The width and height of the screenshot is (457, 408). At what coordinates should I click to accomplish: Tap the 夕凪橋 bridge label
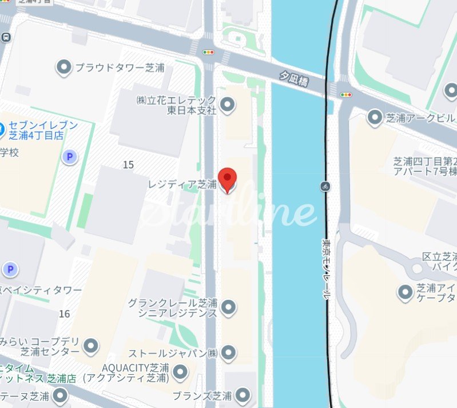tap(293, 79)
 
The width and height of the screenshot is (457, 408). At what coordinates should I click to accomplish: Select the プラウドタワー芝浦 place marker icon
tap(63, 68)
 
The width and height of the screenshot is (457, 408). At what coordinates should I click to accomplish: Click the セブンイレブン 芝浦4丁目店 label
tap(43, 130)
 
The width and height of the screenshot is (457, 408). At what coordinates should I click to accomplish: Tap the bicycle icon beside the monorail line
tap(325, 186)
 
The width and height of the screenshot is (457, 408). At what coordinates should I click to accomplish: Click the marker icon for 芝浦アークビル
tap(375, 118)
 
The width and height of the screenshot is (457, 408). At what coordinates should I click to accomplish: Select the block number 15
tap(128, 165)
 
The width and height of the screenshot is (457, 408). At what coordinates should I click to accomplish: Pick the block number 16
tap(64, 314)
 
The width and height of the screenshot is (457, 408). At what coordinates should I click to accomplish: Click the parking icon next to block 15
tap(70, 156)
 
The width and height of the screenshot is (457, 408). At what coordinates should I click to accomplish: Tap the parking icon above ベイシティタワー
tap(10, 269)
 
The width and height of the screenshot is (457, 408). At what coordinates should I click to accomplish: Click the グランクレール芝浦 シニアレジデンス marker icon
tap(229, 307)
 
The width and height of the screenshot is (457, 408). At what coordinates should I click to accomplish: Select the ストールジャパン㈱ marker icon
tap(229, 352)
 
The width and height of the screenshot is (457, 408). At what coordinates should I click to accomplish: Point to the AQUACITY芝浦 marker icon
tap(181, 373)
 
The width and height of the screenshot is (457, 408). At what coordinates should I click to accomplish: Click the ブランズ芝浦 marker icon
tap(243, 395)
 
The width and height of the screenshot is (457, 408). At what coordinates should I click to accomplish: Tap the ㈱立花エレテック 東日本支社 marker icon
tap(228, 105)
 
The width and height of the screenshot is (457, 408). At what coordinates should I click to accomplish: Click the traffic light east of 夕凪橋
tap(345, 94)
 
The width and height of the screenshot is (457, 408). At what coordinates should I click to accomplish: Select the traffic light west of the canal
tap(208, 52)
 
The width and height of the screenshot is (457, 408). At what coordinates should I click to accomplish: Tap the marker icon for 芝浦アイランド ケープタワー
tap(405, 293)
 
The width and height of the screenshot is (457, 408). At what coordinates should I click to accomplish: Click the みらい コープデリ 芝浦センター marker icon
tap(90, 346)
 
